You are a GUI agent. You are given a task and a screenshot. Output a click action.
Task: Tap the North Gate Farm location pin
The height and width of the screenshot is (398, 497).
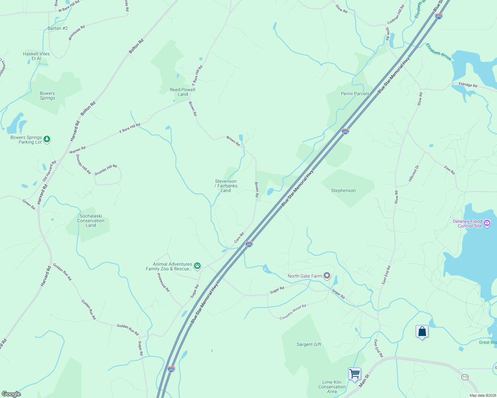coord(327,275)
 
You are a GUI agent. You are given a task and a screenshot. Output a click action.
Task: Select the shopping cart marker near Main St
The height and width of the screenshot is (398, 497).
coord(354,374)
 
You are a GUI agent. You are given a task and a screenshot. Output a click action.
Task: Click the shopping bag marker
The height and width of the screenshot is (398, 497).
coord(422,331)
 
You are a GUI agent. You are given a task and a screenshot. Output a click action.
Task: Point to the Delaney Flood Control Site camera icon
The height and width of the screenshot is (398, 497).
coord(487,223)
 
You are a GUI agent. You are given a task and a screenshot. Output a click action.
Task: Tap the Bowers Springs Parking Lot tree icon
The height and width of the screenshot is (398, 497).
coord(47,139)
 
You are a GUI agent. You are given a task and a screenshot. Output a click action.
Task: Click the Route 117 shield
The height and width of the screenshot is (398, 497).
coord(465,377)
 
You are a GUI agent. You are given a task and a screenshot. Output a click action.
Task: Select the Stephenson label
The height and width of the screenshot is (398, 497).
coord(343,191)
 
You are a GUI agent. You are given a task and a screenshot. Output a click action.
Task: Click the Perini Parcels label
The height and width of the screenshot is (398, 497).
coord(355,94)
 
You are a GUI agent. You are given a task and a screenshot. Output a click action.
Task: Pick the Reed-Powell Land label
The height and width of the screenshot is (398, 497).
coord(182,92)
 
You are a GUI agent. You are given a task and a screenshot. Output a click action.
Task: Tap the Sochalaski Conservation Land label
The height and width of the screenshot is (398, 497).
coord(91,221)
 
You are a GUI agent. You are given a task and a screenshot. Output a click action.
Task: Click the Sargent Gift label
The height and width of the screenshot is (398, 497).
coord(309,345)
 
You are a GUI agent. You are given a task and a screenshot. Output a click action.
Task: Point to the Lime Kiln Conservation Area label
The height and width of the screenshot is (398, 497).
coord(332,387)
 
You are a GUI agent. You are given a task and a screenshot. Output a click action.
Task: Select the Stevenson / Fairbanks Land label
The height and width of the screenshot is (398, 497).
coord(226,186)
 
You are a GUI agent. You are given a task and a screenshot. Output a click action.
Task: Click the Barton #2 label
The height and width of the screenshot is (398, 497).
coord(57,29)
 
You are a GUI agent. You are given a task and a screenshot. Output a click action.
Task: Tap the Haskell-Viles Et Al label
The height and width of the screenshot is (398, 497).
coord(36,56)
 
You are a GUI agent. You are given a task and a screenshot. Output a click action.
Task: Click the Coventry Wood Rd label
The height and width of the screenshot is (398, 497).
coord(293,312)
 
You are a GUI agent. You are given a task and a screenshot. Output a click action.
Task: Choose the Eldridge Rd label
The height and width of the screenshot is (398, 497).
coord(468,85)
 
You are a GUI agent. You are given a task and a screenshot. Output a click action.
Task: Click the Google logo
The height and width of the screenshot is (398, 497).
coord(11,394)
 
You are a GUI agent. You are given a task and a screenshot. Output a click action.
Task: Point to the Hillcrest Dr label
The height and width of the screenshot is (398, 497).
coord(414,173)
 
